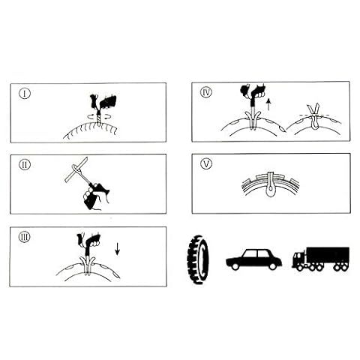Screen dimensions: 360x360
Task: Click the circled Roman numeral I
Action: tap(25, 94)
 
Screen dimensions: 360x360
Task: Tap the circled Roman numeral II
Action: tap(25, 165)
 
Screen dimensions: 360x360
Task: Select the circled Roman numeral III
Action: tap(25, 237)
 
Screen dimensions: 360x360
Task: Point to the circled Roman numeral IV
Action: tap(206, 92)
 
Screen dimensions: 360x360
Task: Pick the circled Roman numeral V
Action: tap(206, 163)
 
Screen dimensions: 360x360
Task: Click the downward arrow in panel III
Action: tap(117, 248)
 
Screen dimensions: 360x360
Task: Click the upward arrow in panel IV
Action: tap(268, 104)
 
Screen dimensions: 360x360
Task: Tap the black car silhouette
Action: tap(253, 259)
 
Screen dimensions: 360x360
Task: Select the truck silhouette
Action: tap(321, 259)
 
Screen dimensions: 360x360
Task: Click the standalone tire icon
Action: tap(198, 259)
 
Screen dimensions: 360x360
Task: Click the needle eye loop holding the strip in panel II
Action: tap(76, 168)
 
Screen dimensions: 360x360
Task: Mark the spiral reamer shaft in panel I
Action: tap(100, 119)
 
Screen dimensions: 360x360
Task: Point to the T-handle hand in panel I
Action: tap(103, 103)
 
